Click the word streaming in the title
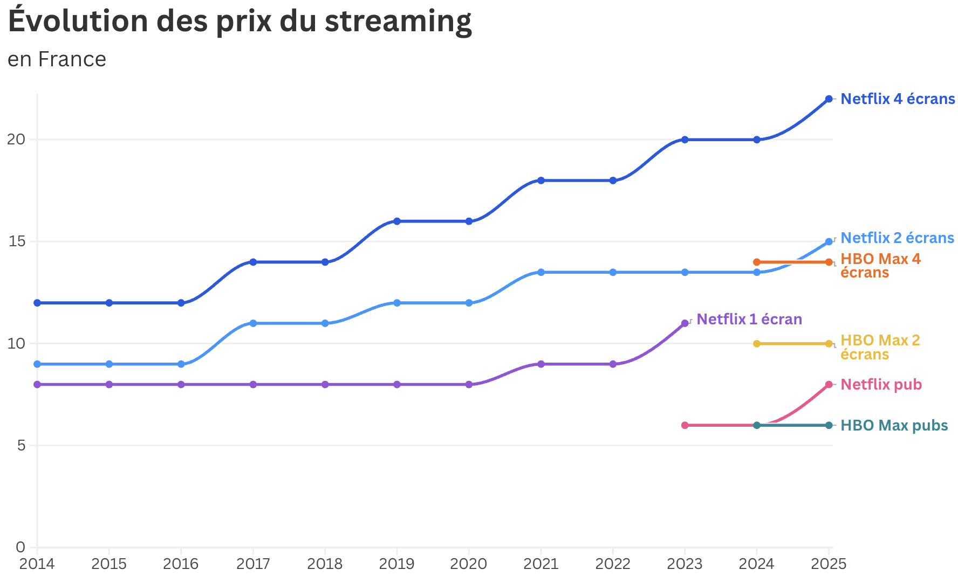[x=398, y=22]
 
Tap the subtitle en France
[x=57, y=59]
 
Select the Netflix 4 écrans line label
[x=898, y=99]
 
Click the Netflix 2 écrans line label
[x=897, y=238]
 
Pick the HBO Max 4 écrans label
[x=880, y=266]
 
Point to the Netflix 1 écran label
[x=749, y=320]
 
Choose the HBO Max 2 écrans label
[x=880, y=348]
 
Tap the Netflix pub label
[x=881, y=385]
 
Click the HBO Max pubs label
[x=894, y=426]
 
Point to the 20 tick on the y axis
[x=16, y=140]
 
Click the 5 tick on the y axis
[x=21, y=446]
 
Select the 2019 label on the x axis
[x=396, y=564]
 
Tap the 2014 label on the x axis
[x=37, y=564]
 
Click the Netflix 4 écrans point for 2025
[x=829, y=99]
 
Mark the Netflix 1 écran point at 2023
[x=685, y=323]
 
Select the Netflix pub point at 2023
[x=685, y=425]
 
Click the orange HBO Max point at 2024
[x=757, y=262]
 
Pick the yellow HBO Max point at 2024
[x=757, y=344]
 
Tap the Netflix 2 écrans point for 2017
[x=253, y=323]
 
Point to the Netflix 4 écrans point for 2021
[x=540, y=181]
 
